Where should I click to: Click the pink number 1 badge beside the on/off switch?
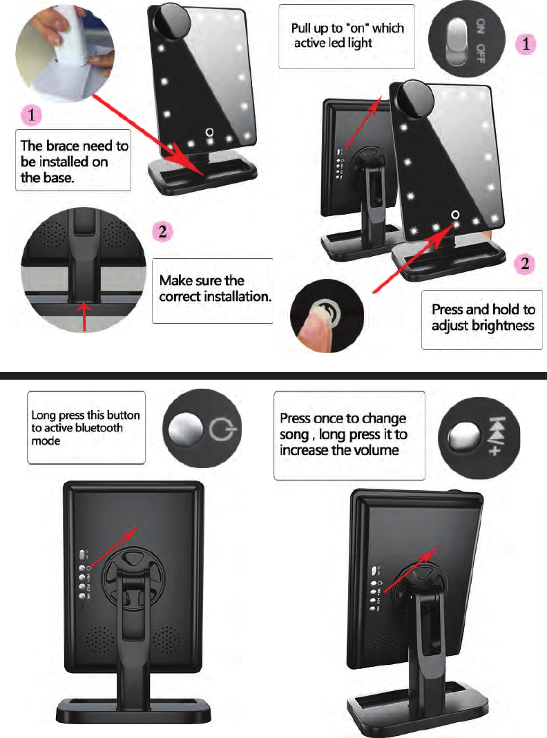click(x=526, y=43)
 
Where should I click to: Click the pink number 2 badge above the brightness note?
click(x=526, y=263)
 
